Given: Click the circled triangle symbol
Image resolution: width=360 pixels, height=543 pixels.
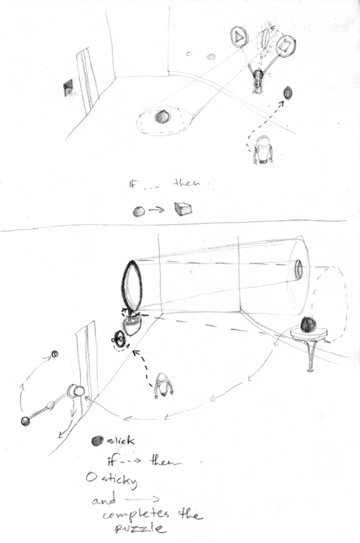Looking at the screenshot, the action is tap(239, 37).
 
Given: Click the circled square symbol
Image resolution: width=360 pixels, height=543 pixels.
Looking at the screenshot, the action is tap(286, 45).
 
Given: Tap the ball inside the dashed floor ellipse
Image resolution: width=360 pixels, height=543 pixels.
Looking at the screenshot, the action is tap(162, 117).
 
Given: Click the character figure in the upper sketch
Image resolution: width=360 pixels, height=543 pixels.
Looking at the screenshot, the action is tap(263, 149).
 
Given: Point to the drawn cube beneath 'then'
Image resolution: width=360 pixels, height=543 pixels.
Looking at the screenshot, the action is tap(183, 209).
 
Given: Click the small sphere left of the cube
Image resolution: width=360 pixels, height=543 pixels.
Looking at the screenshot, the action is tap(139, 211).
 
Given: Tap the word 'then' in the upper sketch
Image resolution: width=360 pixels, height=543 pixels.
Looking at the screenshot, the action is tap(187, 183).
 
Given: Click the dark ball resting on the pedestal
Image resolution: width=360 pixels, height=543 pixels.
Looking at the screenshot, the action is tap(308, 324).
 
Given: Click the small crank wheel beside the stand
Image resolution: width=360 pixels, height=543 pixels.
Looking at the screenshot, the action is tap(120, 339).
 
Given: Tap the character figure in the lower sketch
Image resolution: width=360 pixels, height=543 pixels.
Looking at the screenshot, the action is tap(163, 384).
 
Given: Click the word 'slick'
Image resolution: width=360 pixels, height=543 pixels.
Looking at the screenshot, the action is tap(120, 441).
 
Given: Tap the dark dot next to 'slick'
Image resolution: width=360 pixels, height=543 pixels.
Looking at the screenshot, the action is tap(97, 441).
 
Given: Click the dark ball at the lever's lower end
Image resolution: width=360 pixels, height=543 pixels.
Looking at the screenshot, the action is tap(25, 422).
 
